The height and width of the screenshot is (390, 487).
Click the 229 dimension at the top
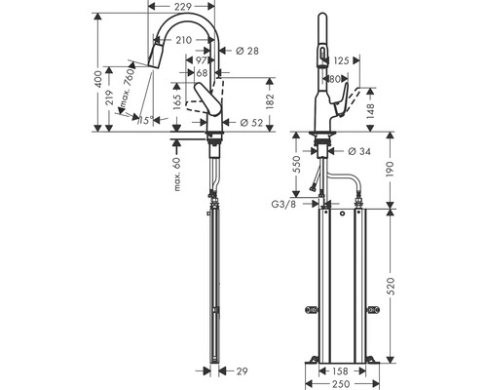pos(183,6)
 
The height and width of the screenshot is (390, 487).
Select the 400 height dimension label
pos(98,79)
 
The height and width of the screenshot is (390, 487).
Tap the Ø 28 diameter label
pos(247,51)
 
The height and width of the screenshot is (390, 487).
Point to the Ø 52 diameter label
pos(251,123)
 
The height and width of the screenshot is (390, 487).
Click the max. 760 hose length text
pos(127,89)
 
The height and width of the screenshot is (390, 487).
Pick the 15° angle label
pos(145,121)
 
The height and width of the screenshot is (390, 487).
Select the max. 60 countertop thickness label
pos(177,174)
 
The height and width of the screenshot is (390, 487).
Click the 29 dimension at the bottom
pos(242,370)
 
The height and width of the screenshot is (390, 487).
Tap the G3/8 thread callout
pos(283,205)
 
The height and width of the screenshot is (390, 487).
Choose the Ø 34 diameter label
pos(358,151)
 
